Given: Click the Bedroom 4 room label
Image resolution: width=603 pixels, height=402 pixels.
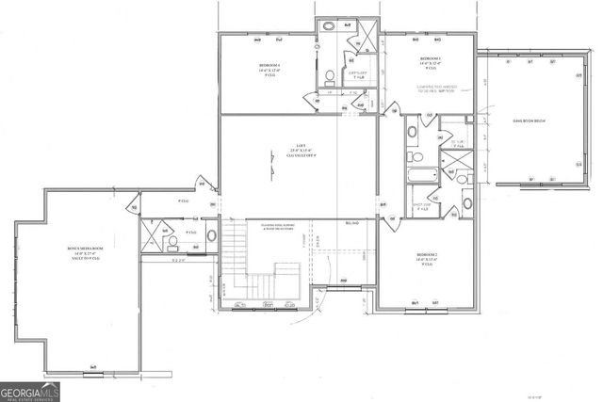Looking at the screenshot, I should point(268,69).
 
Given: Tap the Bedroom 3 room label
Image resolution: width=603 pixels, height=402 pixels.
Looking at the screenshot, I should point(431,63).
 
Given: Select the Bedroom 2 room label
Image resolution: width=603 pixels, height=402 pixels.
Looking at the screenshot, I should point(428,260).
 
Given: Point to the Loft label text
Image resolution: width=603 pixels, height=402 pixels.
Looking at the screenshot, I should point(299,151).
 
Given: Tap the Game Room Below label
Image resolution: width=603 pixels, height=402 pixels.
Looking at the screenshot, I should point(531,122).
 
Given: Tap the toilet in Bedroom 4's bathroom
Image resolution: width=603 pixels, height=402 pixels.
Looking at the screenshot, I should point(329,76).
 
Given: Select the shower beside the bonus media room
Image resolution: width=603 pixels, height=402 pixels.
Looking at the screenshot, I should point(151,231).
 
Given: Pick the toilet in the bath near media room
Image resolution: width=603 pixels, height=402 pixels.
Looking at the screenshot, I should point(171,242).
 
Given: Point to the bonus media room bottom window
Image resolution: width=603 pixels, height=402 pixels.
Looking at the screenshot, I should point(92,365).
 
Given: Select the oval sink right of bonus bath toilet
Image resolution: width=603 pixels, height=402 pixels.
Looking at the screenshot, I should point(211,235).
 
